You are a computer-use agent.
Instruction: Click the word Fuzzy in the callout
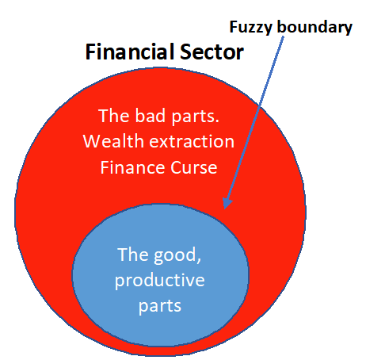[x=250, y=27]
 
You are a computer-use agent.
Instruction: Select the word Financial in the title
[x=130, y=52]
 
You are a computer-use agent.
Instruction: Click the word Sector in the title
[x=212, y=52]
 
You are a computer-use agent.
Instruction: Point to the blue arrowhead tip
[x=224, y=209]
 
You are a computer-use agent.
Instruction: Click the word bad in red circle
[x=151, y=116]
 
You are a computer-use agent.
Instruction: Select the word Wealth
[x=113, y=141]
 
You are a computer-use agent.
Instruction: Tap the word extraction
[x=192, y=141]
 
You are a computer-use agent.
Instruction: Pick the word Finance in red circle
[x=133, y=167]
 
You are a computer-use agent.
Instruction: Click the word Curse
[x=194, y=167]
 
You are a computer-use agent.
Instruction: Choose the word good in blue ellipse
[x=175, y=255]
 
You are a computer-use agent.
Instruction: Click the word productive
[x=160, y=280]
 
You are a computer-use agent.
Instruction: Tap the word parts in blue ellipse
[x=160, y=307]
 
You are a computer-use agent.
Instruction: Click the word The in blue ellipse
[x=133, y=255]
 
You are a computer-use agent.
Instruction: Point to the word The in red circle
[x=114, y=116]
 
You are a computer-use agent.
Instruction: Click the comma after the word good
[x=199, y=260]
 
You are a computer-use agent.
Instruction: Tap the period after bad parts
[x=217, y=121]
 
